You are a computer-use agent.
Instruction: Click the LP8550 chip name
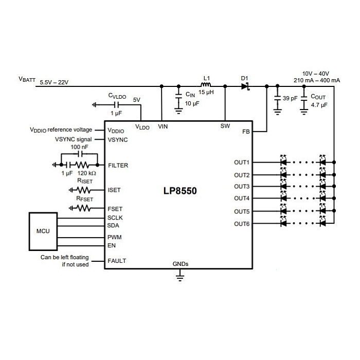tap(180, 191)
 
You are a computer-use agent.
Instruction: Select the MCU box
tap(43, 231)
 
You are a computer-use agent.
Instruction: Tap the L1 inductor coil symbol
tap(206, 84)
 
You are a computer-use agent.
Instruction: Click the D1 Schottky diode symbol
tap(245, 86)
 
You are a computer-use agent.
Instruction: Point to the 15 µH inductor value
tap(206, 92)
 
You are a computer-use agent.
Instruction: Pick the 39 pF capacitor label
tap(290, 98)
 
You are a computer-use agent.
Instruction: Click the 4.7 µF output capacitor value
tap(319, 105)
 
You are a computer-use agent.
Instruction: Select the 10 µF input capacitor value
tap(192, 103)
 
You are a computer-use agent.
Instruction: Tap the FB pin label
tap(246, 132)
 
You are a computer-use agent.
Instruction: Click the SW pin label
tap(225, 126)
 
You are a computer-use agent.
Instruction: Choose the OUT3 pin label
tap(242, 186)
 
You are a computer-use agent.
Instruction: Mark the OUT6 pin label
tap(242, 224)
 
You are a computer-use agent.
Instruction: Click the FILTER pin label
tap(118, 165)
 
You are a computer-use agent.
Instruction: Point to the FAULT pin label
tap(117, 261)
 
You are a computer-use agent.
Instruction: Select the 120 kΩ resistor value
tap(86, 173)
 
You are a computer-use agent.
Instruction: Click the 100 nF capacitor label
tap(79, 147)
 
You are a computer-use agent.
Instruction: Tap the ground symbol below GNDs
tap(180, 276)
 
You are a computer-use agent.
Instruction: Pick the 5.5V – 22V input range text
tap(54, 82)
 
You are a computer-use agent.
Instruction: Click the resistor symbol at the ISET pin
tap(83, 190)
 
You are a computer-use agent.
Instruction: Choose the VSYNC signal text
tap(73, 139)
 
